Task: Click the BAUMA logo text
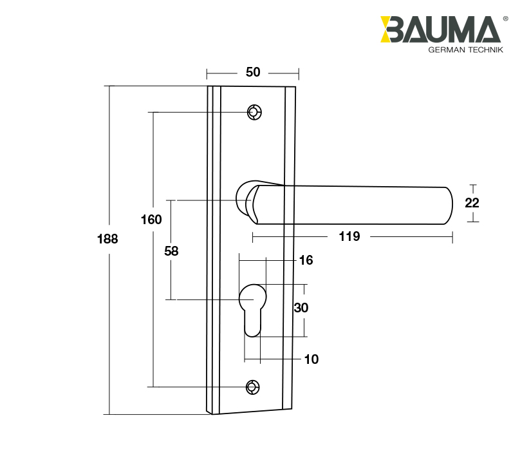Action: [x=441, y=30]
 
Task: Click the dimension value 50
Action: [x=253, y=72]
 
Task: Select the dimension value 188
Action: [x=107, y=239]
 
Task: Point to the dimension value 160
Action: [x=151, y=220]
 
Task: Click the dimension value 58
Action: [x=171, y=252]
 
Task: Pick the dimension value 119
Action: [x=349, y=236]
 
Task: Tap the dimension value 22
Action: [x=472, y=203]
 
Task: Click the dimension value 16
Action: [x=306, y=260]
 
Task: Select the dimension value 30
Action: [x=301, y=308]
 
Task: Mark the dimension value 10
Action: [x=311, y=359]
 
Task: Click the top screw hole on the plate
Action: [x=254, y=113]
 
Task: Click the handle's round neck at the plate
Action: [x=245, y=198]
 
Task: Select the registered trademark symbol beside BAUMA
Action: [x=505, y=19]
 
